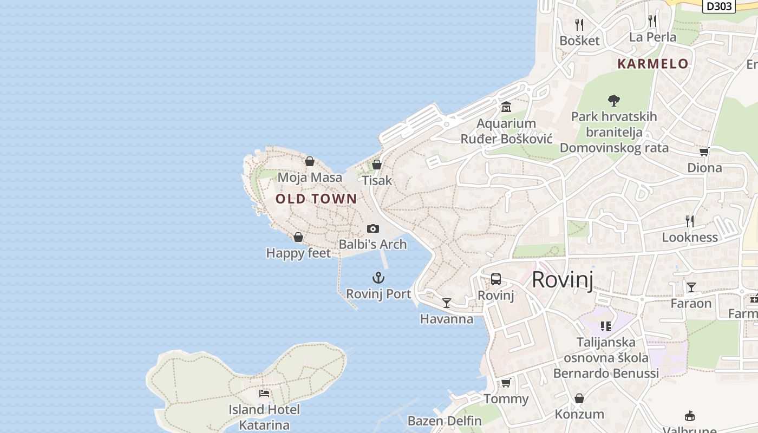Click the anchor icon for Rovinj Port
(x=378, y=278)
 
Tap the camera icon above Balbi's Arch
(x=373, y=228)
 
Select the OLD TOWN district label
(x=316, y=199)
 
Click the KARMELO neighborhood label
(x=653, y=64)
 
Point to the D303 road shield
(x=719, y=6)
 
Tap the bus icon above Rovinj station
(x=496, y=279)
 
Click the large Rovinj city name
(x=563, y=280)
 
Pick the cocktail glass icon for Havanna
(x=447, y=303)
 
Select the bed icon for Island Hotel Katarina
(x=264, y=393)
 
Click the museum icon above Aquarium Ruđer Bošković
(x=506, y=107)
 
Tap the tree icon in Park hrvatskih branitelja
(x=613, y=100)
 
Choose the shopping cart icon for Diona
(x=704, y=152)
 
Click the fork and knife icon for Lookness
(x=690, y=221)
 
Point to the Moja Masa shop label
(x=310, y=177)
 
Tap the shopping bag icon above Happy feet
(x=298, y=237)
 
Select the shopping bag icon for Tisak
(x=377, y=165)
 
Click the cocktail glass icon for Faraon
(x=691, y=287)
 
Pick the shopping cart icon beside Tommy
(x=506, y=383)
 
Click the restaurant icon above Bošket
(x=579, y=24)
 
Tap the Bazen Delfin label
(x=445, y=421)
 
